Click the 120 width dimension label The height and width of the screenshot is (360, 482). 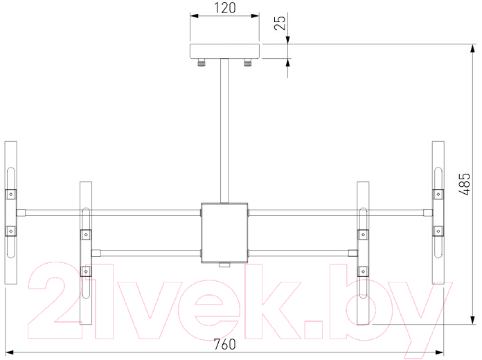pos(224,8)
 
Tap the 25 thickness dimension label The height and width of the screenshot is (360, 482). pos(280,23)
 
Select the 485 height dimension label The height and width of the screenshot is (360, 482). pos(465,184)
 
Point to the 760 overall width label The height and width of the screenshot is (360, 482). pos(224,344)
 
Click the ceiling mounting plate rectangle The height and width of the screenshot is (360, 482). pos(224,51)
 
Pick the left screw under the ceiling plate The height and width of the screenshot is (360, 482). pos(202,63)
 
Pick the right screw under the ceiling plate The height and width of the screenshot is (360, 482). pos(247,63)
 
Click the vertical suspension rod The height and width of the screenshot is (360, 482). pos(224,131)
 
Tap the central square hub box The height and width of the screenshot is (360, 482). pos(224,233)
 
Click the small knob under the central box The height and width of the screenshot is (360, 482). pos(224,265)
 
